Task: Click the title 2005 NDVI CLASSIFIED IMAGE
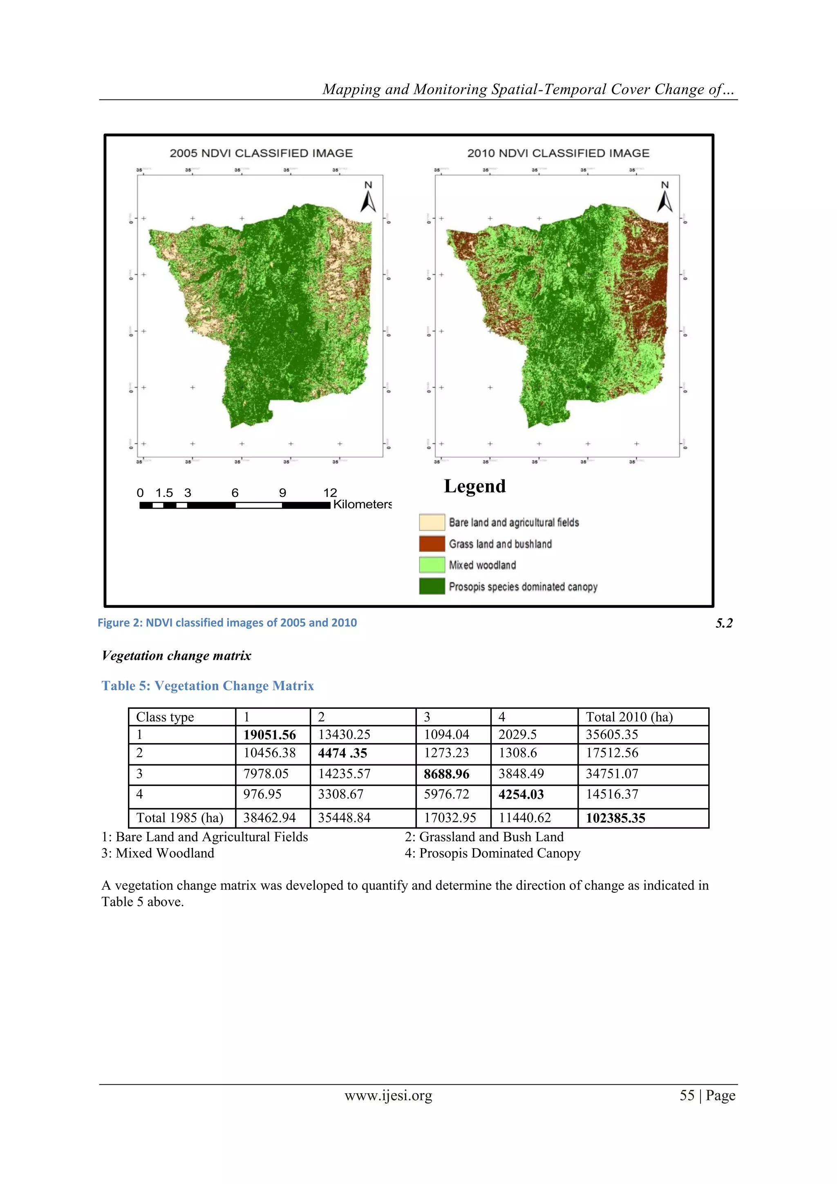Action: (x=261, y=153)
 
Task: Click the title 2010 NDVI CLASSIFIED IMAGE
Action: (x=558, y=153)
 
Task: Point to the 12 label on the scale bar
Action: (x=330, y=493)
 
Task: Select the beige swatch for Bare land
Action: (x=432, y=522)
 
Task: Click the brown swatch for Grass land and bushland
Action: (x=432, y=544)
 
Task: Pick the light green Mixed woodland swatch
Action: (x=432, y=565)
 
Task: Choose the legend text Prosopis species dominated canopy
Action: (x=523, y=587)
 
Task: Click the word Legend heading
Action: (x=474, y=486)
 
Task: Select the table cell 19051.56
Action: (x=270, y=735)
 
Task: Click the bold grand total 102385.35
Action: (x=615, y=818)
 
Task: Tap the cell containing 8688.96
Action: (x=446, y=774)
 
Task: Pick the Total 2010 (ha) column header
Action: (x=629, y=717)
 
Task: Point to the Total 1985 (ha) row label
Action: (x=179, y=818)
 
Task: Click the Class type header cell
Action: (x=165, y=717)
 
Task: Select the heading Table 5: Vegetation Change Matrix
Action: (x=208, y=686)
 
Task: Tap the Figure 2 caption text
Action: (x=227, y=622)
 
